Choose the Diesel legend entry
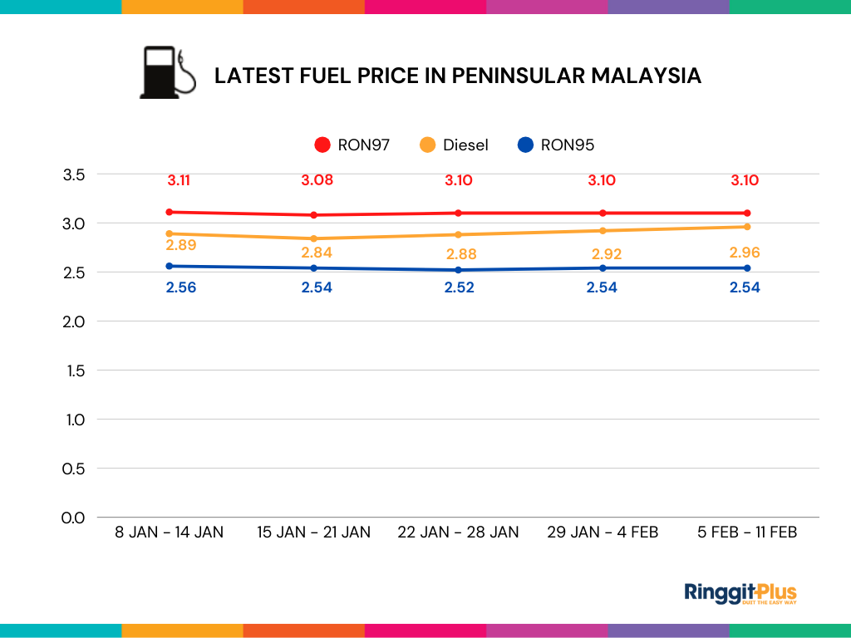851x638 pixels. (x=455, y=145)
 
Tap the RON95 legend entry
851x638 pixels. (x=555, y=145)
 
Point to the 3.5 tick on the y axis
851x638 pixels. (x=74, y=174)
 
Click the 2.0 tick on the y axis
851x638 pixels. (x=74, y=321)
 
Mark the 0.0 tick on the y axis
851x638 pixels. (x=74, y=518)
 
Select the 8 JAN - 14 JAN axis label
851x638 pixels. (x=169, y=532)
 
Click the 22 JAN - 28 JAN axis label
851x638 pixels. (x=458, y=532)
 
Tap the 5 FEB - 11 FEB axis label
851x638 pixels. (x=747, y=532)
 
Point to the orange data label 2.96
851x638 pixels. (x=745, y=253)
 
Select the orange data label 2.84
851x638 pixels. (x=316, y=253)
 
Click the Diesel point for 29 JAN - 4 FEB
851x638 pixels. (x=603, y=230)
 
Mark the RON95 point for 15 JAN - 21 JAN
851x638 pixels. (x=313, y=267)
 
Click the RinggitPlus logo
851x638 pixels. (x=740, y=593)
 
